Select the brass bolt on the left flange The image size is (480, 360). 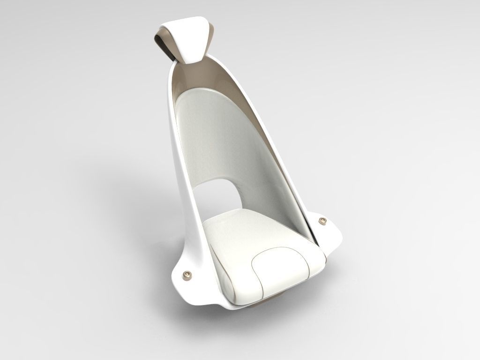[187, 273]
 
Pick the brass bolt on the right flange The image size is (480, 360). [322, 220]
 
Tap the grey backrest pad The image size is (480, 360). [220, 136]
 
